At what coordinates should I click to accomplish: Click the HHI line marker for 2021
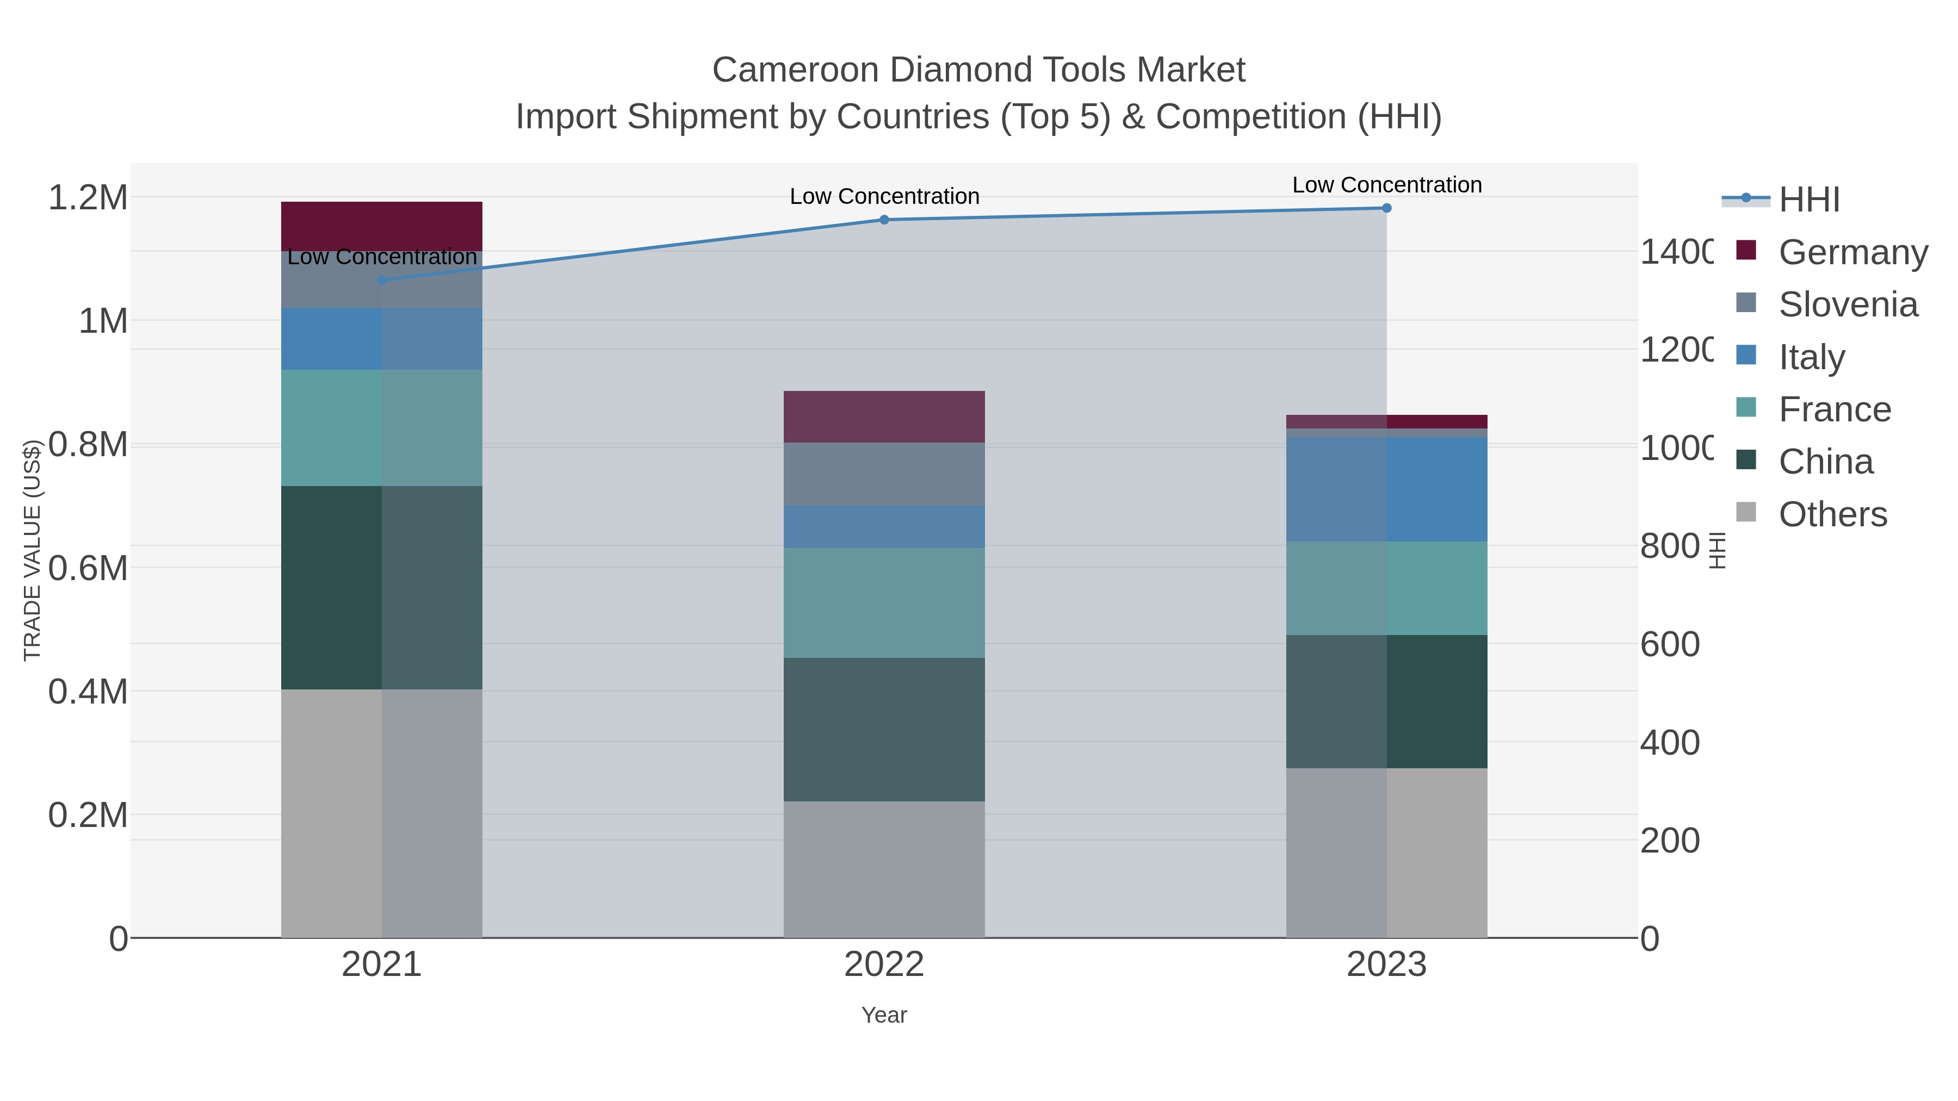click(382, 279)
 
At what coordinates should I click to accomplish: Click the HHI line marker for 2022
click(884, 220)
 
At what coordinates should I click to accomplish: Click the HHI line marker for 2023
click(1386, 208)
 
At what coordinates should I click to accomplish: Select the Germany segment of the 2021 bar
click(382, 226)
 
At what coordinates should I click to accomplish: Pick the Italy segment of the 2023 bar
click(1386, 489)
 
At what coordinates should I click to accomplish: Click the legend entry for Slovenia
click(1848, 304)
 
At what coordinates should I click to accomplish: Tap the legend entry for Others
click(1832, 514)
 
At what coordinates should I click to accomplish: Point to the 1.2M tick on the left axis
click(88, 197)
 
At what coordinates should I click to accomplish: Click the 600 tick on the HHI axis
click(1669, 644)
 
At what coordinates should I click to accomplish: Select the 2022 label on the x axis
click(884, 963)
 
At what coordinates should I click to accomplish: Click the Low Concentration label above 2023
click(1386, 185)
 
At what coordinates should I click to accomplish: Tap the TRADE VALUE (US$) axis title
click(32, 549)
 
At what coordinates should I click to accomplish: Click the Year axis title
click(884, 1015)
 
